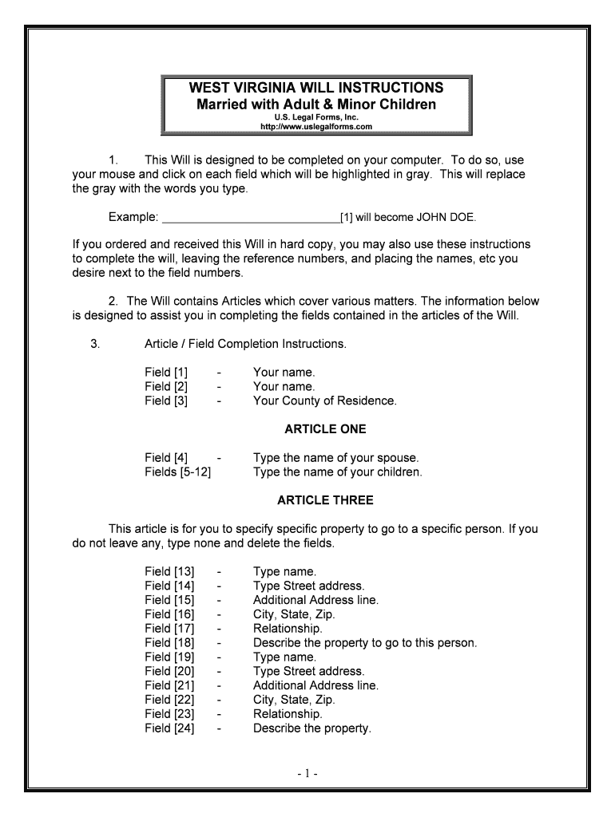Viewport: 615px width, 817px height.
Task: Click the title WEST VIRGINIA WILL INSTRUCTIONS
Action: (316, 87)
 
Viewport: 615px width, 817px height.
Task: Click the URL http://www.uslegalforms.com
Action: (316, 127)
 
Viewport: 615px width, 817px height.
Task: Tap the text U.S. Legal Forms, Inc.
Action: (316, 117)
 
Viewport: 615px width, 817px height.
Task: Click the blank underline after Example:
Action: (251, 217)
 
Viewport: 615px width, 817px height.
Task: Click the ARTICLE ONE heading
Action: (325, 429)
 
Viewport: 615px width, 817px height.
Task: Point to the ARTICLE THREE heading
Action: (325, 501)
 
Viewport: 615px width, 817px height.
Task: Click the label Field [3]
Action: (166, 401)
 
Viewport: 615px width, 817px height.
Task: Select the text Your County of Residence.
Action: (324, 401)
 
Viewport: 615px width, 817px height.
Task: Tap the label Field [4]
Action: (166, 458)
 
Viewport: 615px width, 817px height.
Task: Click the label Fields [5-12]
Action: (177, 472)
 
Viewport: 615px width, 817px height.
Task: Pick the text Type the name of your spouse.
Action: (335, 458)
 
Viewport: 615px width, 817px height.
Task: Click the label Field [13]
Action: (169, 571)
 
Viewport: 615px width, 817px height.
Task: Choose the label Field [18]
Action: (169, 643)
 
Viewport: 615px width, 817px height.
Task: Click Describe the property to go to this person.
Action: (365, 643)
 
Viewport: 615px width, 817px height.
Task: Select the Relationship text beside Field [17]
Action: (288, 629)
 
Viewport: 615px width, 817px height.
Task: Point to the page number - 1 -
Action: (308, 774)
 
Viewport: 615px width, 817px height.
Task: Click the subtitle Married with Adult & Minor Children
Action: (316, 105)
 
